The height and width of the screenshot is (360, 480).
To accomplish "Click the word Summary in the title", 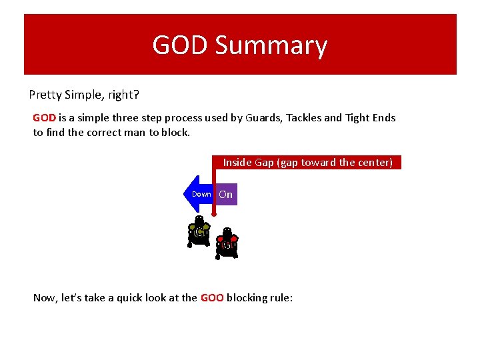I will pyautogui.click(x=271, y=46).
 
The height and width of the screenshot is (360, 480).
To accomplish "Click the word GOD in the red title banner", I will pyautogui.click(x=181, y=45).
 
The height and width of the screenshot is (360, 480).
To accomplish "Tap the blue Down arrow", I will pyautogui.click(x=198, y=194).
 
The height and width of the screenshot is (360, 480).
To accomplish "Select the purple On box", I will pyautogui.click(x=226, y=195).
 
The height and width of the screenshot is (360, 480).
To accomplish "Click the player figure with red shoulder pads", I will pyautogui.click(x=227, y=244).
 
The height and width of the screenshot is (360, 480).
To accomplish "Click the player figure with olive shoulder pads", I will pyautogui.click(x=199, y=231).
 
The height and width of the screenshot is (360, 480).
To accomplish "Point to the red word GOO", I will pyautogui.click(x=211, y=298).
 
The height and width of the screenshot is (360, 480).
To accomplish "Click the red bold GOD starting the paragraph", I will pyautogui.click(x=44, y=118).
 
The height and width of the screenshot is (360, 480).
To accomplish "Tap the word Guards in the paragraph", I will pyautogui.click(x=263, y=118).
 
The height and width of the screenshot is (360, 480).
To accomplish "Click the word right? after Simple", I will pyautogui.click(x=123, y=95).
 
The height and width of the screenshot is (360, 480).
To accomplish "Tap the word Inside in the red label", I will pyautogui.click(x=237, y=162).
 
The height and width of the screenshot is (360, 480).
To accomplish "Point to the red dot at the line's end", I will pyautogui.click(x=213, y=215).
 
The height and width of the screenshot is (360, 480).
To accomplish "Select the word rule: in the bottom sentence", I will pyautogui.click(x=279, y=298).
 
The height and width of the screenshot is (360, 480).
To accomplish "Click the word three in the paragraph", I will pyautogui.click(x=125, y=118).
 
